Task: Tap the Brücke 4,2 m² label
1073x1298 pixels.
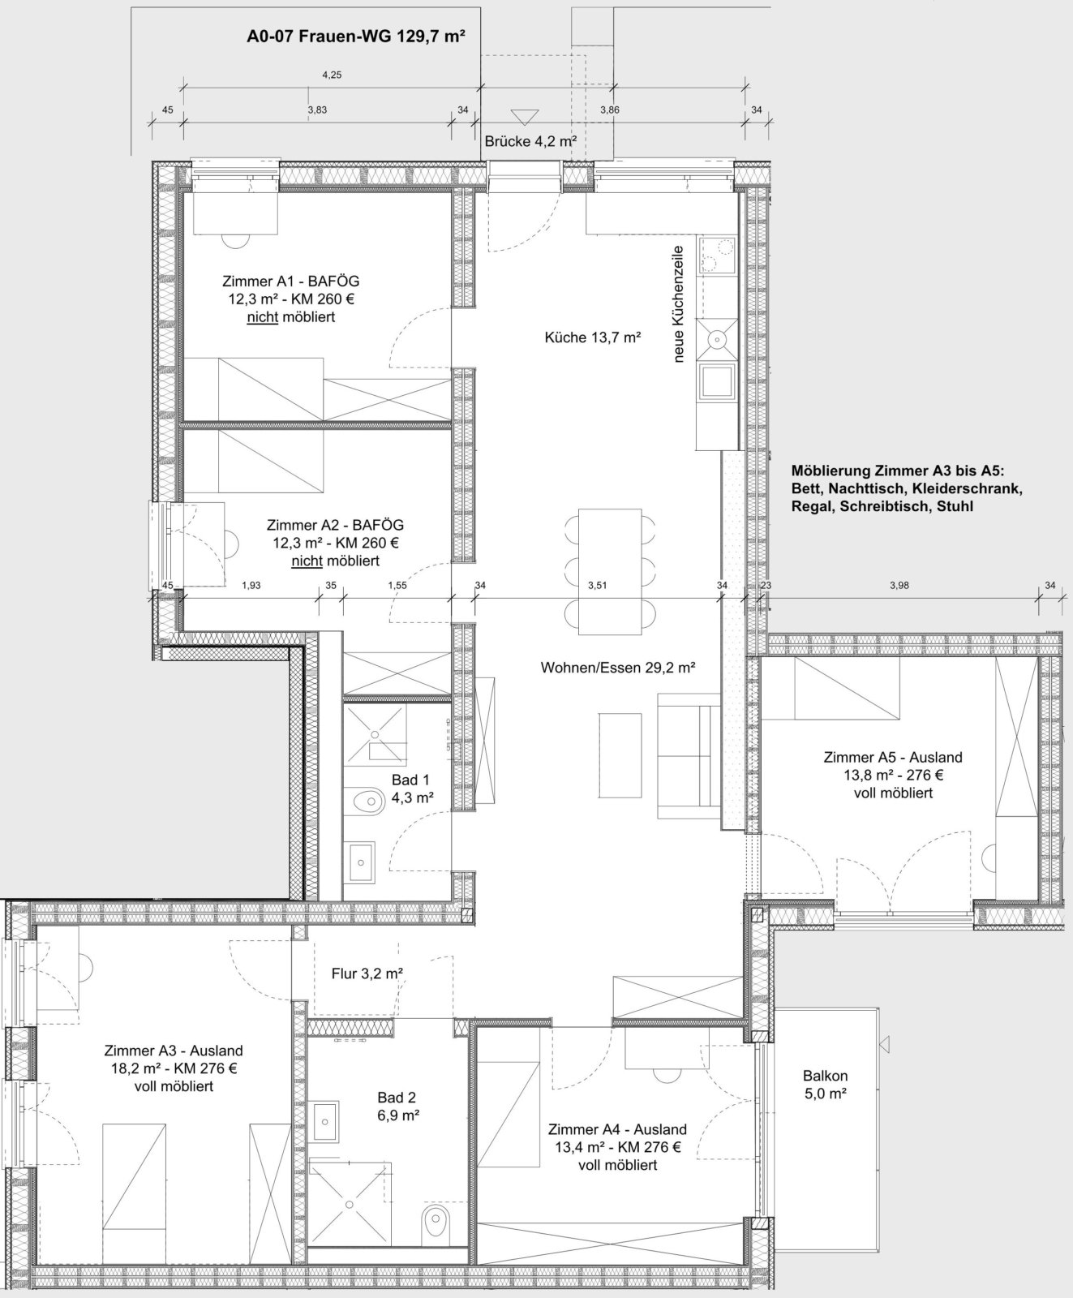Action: (530, 141)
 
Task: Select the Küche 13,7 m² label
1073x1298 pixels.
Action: (593, 337)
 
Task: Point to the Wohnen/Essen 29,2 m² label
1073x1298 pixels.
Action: (618, 668)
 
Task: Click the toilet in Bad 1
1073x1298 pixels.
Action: (369, 801)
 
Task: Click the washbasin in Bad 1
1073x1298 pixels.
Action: (363, 862)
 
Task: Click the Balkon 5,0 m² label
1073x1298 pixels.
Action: (826, 1084)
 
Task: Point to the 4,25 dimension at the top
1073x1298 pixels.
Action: (331, 75)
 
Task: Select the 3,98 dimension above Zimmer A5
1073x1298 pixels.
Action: (899, 585)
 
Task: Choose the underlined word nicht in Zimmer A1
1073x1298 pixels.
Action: (262, 317)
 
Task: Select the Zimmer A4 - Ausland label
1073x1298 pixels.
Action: (617, 1129)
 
